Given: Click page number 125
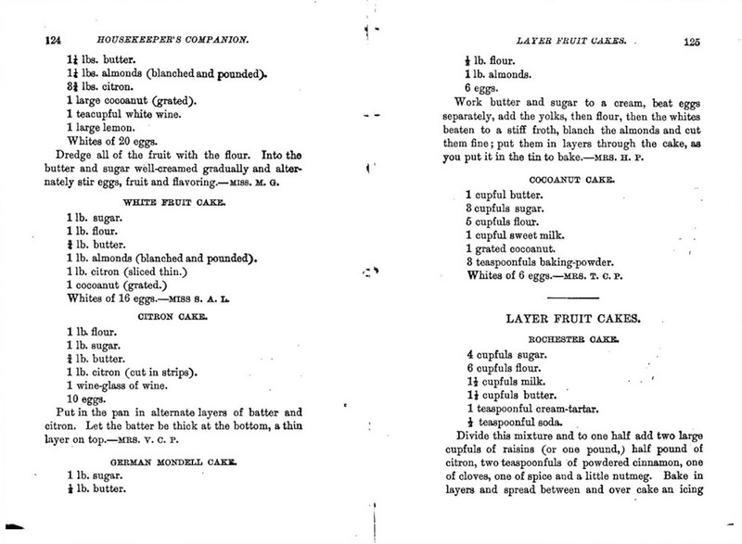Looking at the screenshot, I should point(692,41).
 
